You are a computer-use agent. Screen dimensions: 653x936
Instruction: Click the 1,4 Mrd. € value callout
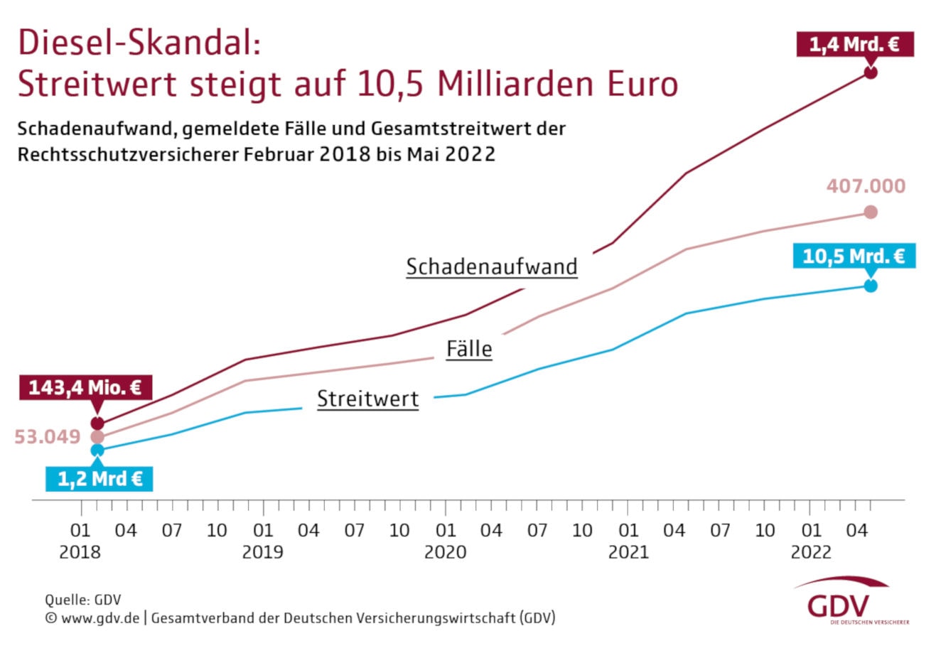pos(854,45)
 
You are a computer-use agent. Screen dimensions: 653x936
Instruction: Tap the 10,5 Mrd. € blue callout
pos(853,256)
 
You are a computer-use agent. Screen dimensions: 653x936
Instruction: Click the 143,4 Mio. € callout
pos(85,388)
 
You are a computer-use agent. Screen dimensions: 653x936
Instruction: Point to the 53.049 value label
pos(48,436)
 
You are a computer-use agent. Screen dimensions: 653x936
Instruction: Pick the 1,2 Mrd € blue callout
pos(99,479)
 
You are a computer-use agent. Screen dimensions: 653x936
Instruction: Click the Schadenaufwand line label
pos(492,267)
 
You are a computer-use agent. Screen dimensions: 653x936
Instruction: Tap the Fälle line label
pos(469,349)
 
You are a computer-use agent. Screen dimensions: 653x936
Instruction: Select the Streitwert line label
pos(367,399)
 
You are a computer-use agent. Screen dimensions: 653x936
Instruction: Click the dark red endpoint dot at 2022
pos(871,72)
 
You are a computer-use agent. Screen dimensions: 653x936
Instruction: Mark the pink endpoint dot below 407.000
pos(871,212)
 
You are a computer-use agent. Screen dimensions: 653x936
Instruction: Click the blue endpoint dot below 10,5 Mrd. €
pos(871,286)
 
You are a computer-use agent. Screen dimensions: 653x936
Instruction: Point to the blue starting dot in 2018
pos(97,450)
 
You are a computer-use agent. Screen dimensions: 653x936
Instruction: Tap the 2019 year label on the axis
pos(262,552)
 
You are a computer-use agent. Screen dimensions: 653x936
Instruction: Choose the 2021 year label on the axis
pos(628,552)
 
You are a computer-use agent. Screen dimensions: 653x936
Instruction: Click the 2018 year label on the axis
pos(80,552)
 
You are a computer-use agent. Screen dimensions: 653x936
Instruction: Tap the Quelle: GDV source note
pos(83,600)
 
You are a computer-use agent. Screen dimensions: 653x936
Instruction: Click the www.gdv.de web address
pos(100,618)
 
